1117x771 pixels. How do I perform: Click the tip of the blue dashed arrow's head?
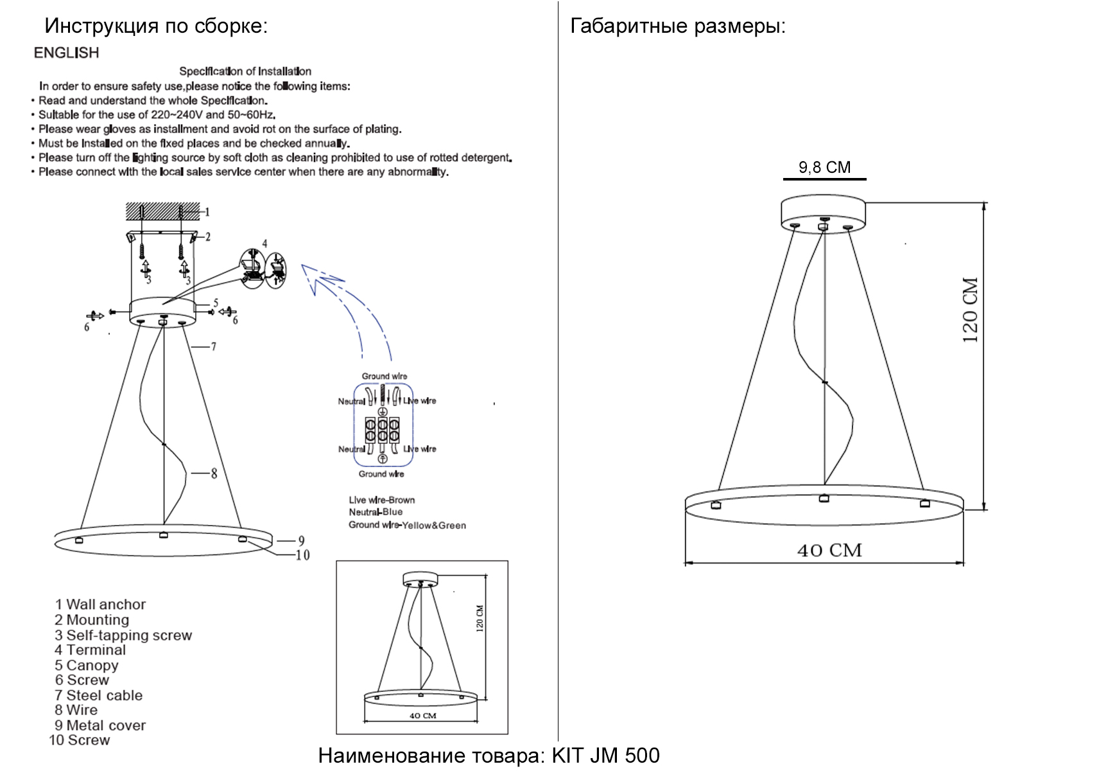302,264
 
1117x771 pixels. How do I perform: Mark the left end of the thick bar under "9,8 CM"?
784,179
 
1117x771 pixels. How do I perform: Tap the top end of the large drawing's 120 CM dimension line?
984,203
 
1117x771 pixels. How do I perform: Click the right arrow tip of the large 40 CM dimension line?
964,563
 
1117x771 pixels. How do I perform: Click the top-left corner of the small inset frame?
336,561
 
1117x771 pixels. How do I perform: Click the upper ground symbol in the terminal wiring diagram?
383,411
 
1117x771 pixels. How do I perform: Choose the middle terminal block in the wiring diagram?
383,430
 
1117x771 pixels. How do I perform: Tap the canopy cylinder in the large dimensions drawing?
824,214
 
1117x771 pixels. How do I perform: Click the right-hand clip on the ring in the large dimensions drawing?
924,503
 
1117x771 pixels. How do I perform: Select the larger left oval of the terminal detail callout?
252,269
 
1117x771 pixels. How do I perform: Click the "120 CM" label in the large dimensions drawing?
970,310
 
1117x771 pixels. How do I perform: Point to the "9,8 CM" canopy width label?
824,167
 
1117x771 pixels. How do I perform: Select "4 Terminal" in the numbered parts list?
90,650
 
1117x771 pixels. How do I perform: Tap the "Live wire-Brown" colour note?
382,500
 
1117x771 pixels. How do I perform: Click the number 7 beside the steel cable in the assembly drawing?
214,347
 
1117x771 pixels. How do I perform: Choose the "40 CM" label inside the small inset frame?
423,716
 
